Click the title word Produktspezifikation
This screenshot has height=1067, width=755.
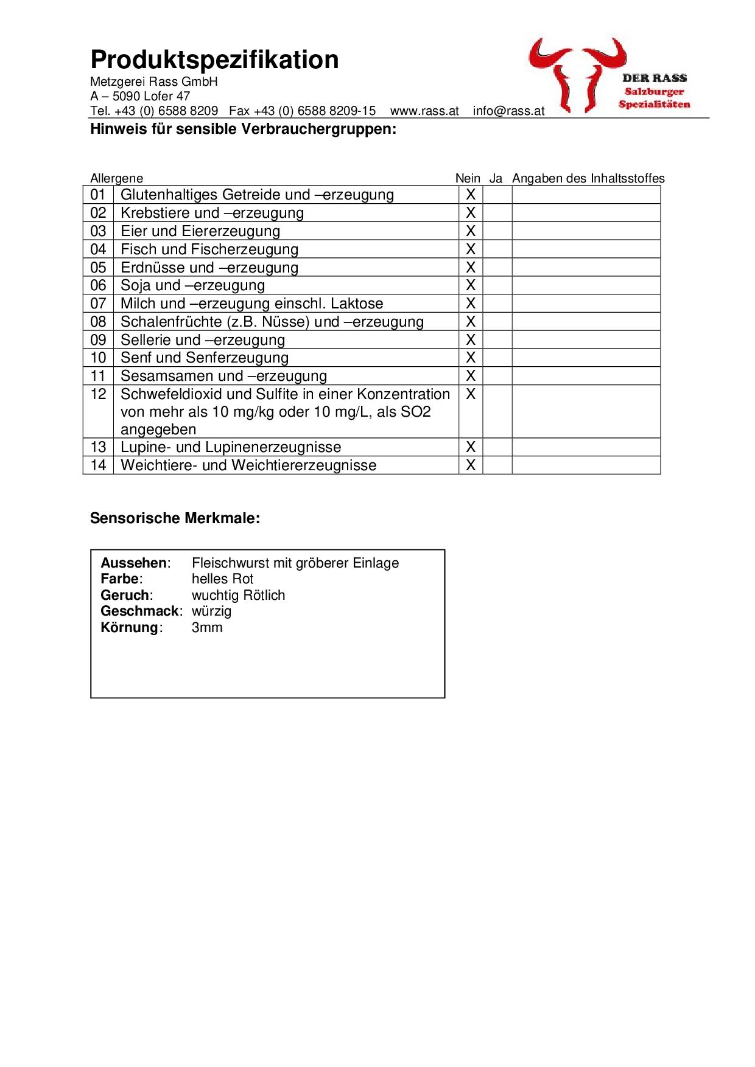coord(214,60)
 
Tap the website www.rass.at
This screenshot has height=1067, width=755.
coord(424,111)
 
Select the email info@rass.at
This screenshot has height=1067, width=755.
coord(508,111)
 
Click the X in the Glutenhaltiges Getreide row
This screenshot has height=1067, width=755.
coord(470,195)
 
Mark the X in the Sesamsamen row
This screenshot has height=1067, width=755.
coord(470,376)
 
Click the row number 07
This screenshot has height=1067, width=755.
coord(98,304)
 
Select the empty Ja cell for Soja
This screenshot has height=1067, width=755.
coord(497,285)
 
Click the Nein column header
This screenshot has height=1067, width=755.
coord(468,178)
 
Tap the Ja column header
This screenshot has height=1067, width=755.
coord(496,178)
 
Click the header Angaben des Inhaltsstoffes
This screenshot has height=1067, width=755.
coord(588,178)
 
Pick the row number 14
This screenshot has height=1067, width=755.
coord(98,465)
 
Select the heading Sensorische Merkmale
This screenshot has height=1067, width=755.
coord(175,518)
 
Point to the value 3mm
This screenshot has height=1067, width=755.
coord(207,627)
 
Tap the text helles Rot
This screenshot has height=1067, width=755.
coord(222,579)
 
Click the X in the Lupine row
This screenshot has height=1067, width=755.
coord(470,447)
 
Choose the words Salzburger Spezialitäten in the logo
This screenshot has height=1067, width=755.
coord(655,98)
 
